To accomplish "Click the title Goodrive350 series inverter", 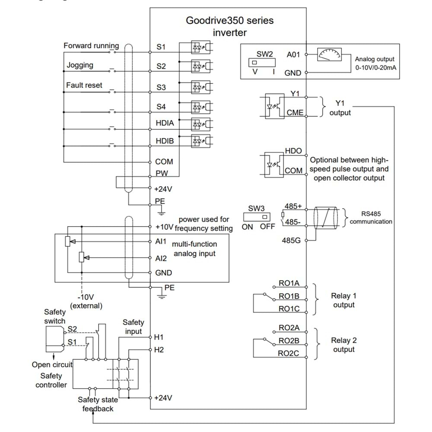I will (x=229, y=26).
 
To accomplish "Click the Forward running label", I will (x=91, y=45).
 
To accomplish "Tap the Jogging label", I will (x=80, y=65).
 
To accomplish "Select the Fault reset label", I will (x=84, y=85).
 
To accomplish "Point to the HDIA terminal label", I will (x=165, y=123).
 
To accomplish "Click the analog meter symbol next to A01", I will (x=329, y=55).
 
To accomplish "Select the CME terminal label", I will (x=295, y=113).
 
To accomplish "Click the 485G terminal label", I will (x=292, y=240).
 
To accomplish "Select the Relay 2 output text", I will (x=343, y=345).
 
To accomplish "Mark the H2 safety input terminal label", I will (x=159, y=349).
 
